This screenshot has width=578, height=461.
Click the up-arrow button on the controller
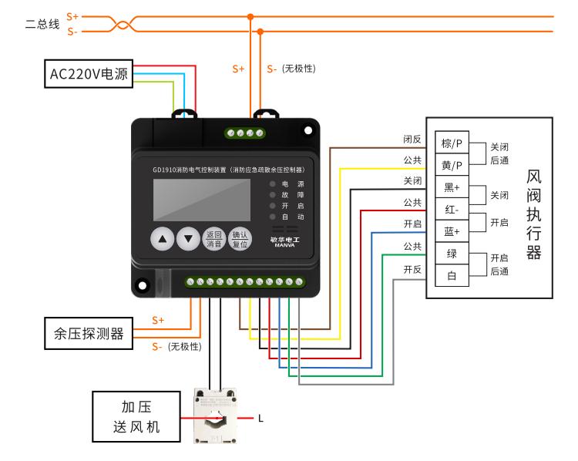coord(163,239)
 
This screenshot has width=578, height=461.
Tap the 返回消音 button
coord(213,239)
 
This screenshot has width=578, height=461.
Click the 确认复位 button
coord(240,239)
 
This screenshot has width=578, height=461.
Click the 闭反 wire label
coord(412,140)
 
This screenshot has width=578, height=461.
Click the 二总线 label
coord(42,23)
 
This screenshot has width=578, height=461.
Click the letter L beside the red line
coord(261,419)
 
